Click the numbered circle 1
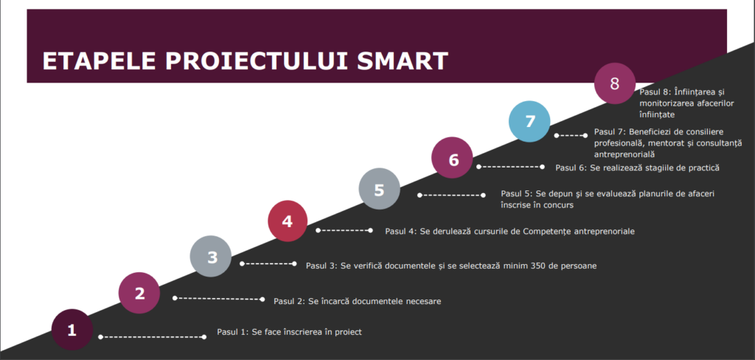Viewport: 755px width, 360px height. [72, 330]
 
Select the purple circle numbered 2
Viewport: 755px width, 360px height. [139, 293]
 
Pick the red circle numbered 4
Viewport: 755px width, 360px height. [288, 221]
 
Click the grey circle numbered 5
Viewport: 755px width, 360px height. [380, 188]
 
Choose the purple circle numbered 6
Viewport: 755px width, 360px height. [453, 158]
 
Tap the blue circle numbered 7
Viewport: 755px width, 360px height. [529, 122]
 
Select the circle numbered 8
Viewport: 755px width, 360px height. [615, 83]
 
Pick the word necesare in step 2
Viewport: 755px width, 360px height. [424, 302]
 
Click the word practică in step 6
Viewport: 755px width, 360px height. [701, 168]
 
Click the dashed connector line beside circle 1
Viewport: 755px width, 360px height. [152, 337]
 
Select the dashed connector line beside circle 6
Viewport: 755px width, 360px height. [510, 167]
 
